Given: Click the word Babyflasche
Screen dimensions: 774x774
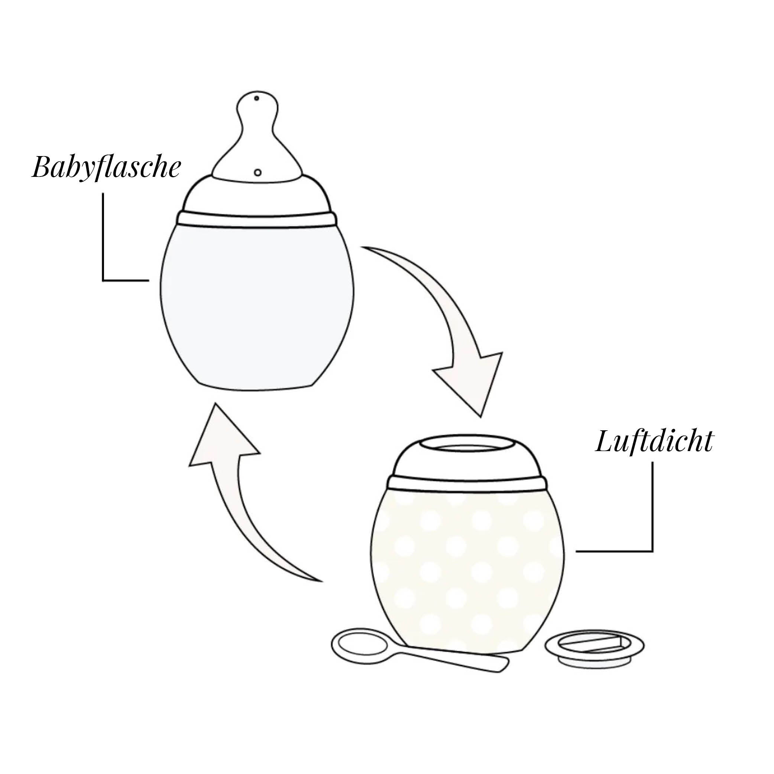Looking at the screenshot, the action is pos(107,167).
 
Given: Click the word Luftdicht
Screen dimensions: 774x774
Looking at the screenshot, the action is pos(654,442).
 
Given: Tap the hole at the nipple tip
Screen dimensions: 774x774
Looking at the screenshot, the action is pos(256,98).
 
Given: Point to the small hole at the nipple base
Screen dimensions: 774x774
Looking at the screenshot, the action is pos(258,173).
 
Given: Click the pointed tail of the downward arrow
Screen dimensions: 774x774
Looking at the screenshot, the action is pos(363,248).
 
